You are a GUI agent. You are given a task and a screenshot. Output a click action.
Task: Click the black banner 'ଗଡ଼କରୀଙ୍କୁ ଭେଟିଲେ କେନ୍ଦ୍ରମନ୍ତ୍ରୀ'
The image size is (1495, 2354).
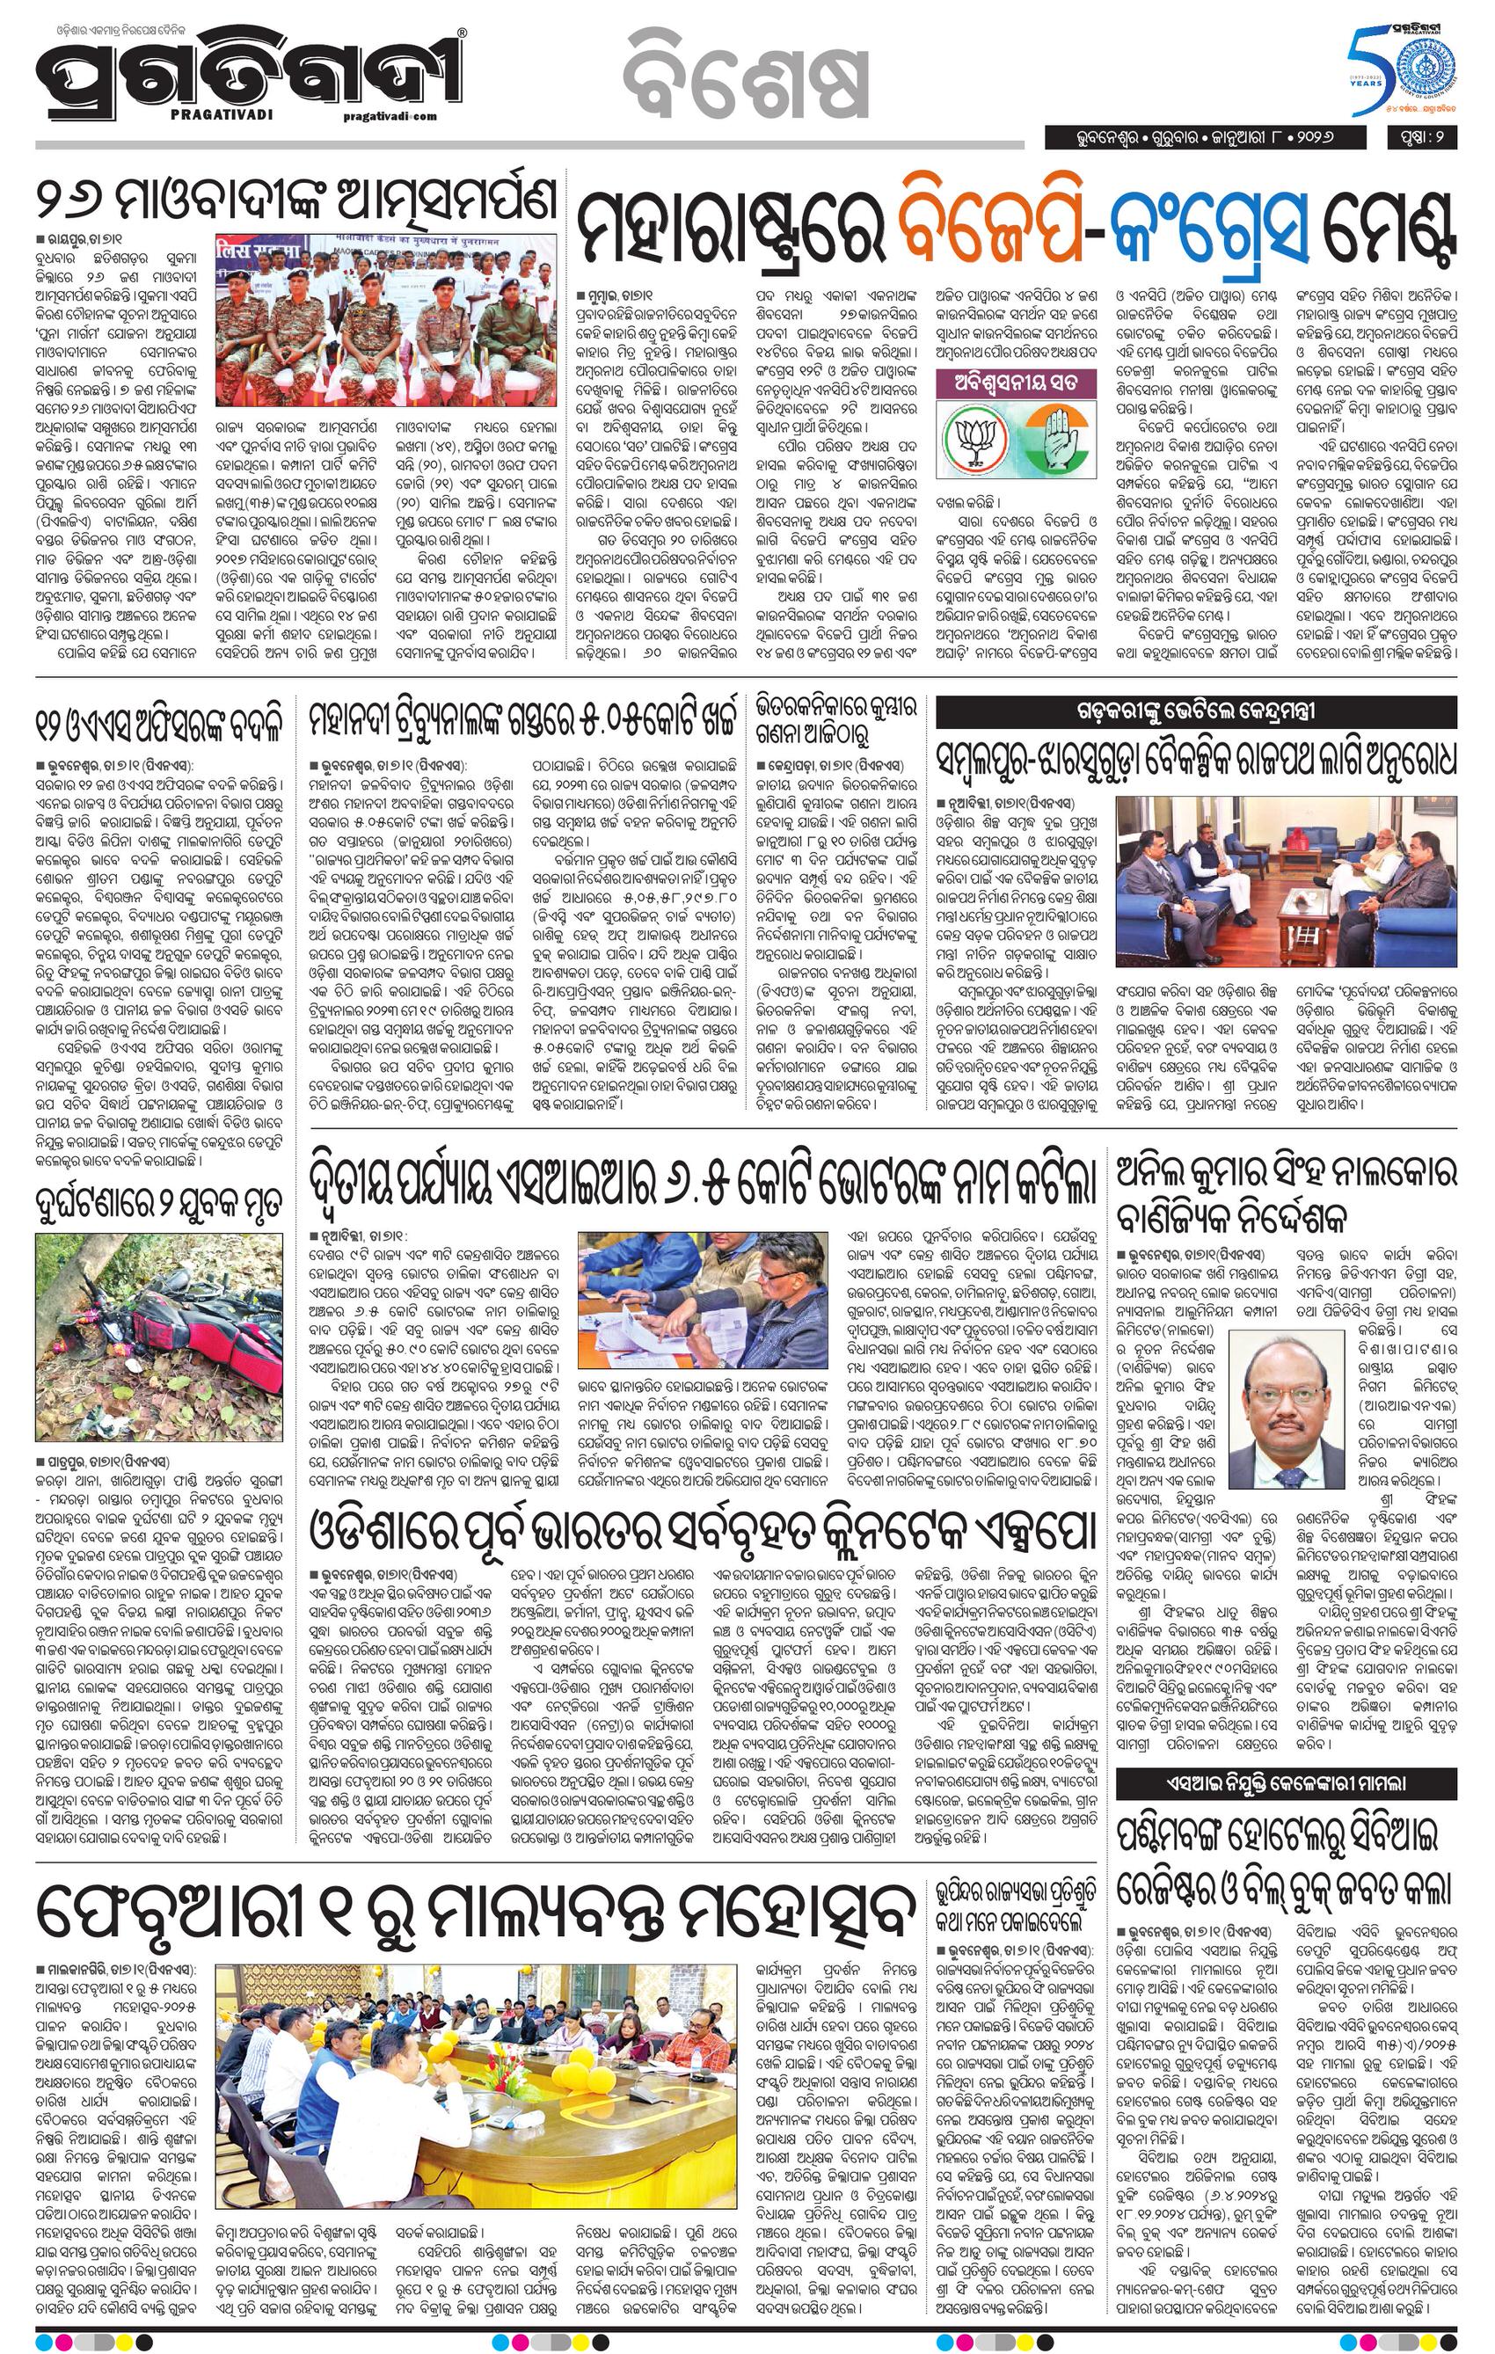click(1196, 711)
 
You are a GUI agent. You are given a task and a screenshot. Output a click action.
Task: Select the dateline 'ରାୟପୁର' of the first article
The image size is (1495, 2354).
click(71, 238)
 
